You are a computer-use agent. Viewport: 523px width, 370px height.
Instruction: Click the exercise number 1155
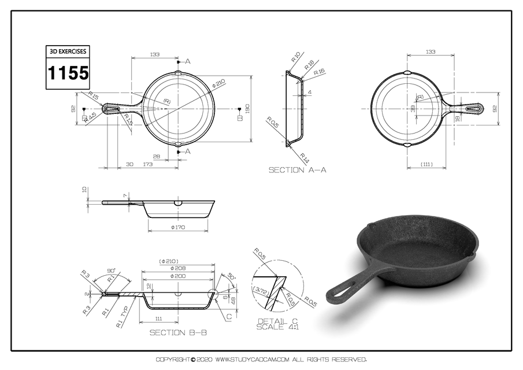click(x=68, y=73)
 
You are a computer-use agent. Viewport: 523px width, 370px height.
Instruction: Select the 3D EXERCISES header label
click(x=68, y=51)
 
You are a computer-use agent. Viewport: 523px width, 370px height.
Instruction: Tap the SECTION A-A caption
click(x=297, y=170)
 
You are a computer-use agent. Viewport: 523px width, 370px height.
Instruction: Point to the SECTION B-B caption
click(x=178, y=332)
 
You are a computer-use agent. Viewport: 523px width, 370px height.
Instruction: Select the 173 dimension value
click(x=147, y=165)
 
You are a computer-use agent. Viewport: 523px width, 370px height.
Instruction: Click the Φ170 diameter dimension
click(x=178, y=227)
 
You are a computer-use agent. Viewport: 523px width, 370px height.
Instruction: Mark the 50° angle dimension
click(x=232, y=276)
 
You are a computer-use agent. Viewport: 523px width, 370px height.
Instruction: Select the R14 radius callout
click(x=304, y=157)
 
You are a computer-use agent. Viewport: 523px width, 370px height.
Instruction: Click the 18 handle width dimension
click(x=458, y=118)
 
